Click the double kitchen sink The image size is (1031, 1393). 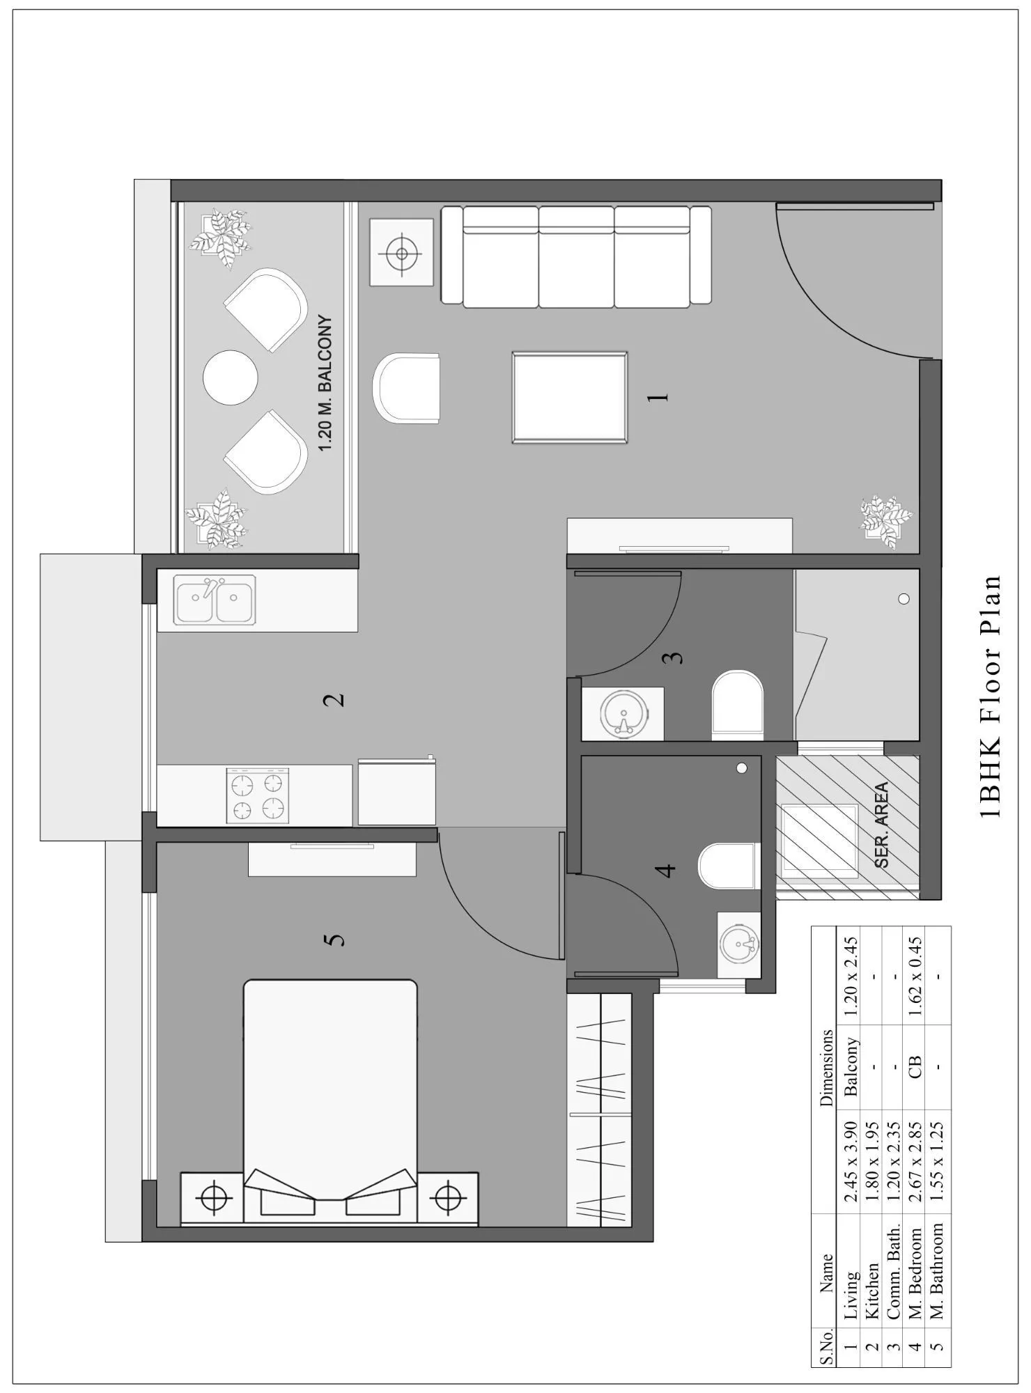pyautogui.click(x=215, y=599)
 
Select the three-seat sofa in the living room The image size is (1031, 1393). pyautogui.click(x=576, y=256)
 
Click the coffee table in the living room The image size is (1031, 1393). pyautogui.click(x=570, y=397)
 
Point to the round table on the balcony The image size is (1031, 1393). pyautogui.click(x=231, y=378)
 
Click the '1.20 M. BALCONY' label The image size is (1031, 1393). pyautogui.click(x=325, y=384)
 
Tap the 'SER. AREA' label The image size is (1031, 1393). pyautogui.click(x=882, y=825)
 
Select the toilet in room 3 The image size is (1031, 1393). pyautogui.click(x=737, y=704)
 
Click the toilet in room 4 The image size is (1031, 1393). pyautogui.click(x=728, y=866)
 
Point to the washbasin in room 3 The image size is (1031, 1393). pyautogui.click(x=624, y=713)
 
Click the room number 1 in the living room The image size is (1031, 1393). pyautogui.click(x=658, y=396)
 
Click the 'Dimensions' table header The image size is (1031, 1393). pyautogui.click(x=827, y=1068)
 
